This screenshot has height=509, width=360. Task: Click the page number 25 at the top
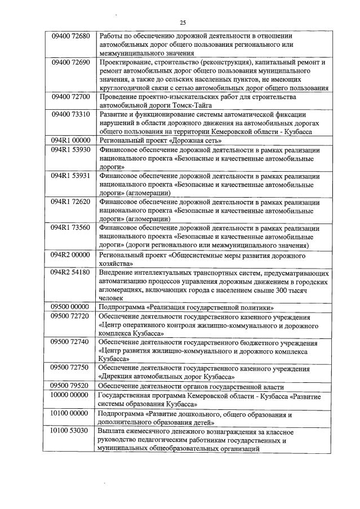pos(183,23)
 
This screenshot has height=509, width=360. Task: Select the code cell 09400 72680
pos(70,36)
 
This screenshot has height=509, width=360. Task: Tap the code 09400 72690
pos(70,62)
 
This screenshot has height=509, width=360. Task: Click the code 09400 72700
pos(70,97)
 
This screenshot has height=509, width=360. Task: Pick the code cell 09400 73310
pos(70,114)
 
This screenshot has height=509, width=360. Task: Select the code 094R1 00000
pos(70,140)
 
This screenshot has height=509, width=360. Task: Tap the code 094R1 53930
pos(70,150)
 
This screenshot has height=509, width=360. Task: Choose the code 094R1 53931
pos(70,176)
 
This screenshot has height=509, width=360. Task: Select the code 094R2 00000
pos(70,254)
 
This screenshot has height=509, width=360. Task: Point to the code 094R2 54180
pos(70,272)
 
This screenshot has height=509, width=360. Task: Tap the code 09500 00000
pos(70,307)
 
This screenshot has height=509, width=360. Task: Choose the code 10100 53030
pos(70,431)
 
